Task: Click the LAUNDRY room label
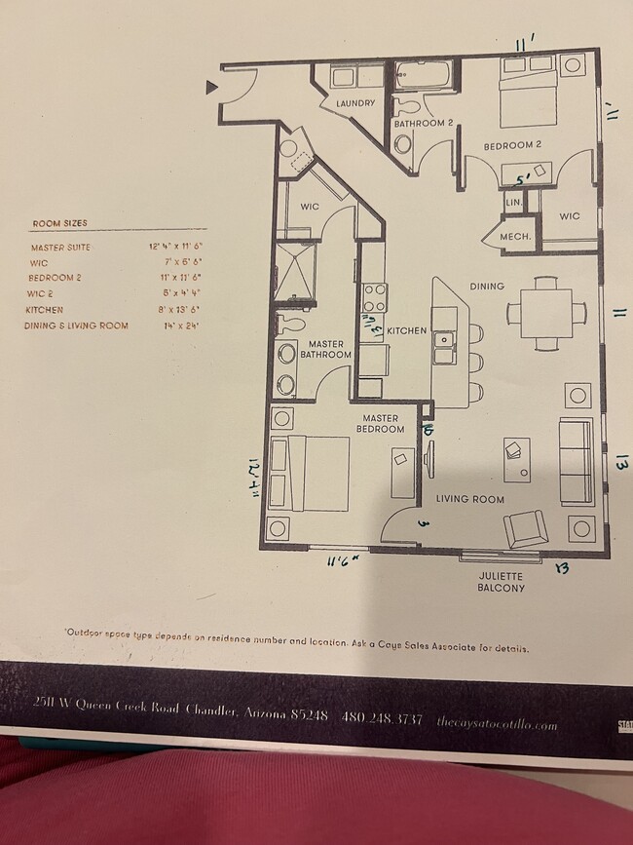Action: [355, 103]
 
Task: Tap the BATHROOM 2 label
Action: [423, 124]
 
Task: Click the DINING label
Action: [487, 287]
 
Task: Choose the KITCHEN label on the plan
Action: [406, 331]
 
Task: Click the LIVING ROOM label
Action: [469, 499]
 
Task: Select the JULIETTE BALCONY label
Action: [502, 582]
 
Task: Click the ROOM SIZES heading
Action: [59, 223]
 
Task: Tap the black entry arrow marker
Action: [211, 89]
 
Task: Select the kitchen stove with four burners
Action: [375, 295]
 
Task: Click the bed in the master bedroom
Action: [309, 473]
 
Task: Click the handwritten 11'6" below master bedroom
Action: [343, 559]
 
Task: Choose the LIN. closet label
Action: [513, 202]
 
